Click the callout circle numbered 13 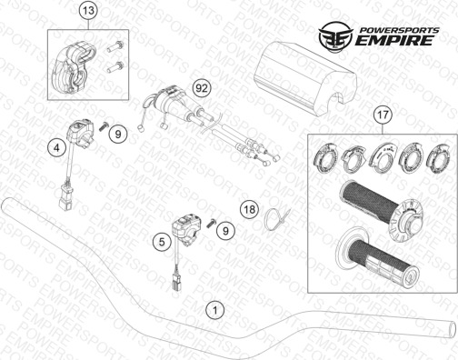(89, 11)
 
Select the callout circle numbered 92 (202, 88)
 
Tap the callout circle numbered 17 (383, 115)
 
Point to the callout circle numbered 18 (250, 209)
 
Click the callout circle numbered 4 (56, 148)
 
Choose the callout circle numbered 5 (162, 242)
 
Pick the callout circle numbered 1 (215, 310)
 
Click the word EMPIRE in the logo (393, 40)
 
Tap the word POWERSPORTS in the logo (399, 30)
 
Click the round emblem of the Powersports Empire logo (335, 35)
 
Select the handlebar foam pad (304, 78)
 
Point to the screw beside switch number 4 (104, 125)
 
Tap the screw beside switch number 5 (211, 224)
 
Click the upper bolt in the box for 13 (115, 46)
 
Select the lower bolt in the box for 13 (114, 67)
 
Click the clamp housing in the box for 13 (73, 68)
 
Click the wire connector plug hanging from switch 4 (65, 196)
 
